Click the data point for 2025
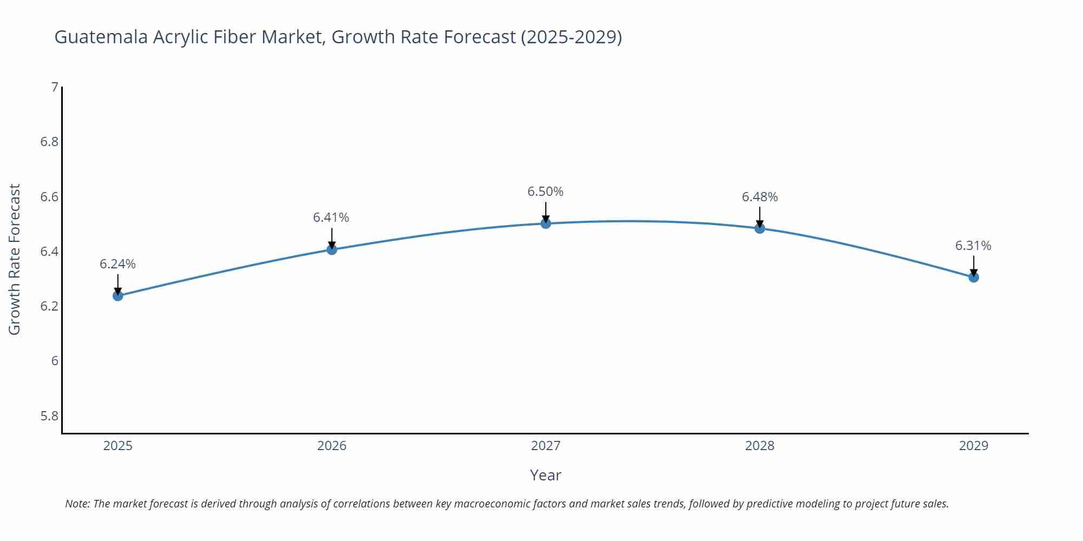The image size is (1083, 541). pos(118,296)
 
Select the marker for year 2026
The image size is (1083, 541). pos(332,249)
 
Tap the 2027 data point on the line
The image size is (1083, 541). pos(546,223)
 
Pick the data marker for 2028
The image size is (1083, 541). pos(760,228)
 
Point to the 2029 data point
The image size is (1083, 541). pos(974,278)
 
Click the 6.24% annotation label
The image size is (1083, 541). pos(118,264)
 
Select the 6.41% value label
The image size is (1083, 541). pos(331,217)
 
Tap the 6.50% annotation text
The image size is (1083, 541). pos(545,192)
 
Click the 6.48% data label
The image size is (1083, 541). pos(760,197)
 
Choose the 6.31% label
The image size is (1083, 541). pos(973,246)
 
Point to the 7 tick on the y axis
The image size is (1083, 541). pos(54,87)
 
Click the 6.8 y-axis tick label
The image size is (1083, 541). pos(49,142)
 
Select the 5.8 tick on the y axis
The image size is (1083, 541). pos(49,416)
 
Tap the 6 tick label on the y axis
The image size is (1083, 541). pos(54,361)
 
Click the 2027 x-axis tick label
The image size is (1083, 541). pos(545,446)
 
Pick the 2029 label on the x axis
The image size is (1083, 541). pos(973,446)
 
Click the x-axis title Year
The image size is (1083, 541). pos(545,475)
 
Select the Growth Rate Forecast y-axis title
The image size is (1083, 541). pos(15,260)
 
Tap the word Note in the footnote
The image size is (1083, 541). pos(77,504)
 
